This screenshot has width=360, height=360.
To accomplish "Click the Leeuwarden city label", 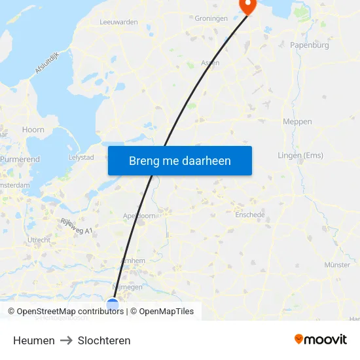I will coord(118,22).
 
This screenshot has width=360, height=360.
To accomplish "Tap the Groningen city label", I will coord(211,19).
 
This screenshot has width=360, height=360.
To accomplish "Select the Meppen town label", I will coord(297,122).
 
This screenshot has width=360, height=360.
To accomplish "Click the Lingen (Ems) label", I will coord(300,155).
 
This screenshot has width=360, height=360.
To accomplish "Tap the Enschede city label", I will coord(249,214).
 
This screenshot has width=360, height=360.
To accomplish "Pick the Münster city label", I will coord(337,265).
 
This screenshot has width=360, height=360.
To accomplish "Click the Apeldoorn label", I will coord(139,215).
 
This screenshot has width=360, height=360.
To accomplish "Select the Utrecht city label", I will coord(39,240).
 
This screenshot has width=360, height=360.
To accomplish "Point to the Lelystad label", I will coord(81,158).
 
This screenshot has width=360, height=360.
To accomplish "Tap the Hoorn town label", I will coord(33,130).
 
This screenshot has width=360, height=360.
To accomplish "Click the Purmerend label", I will coord(20,159).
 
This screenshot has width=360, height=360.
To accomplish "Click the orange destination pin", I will coord(248,7).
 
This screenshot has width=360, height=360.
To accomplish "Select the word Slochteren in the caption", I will coord(104,340).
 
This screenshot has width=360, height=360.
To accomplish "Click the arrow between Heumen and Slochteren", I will coord(66,340).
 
